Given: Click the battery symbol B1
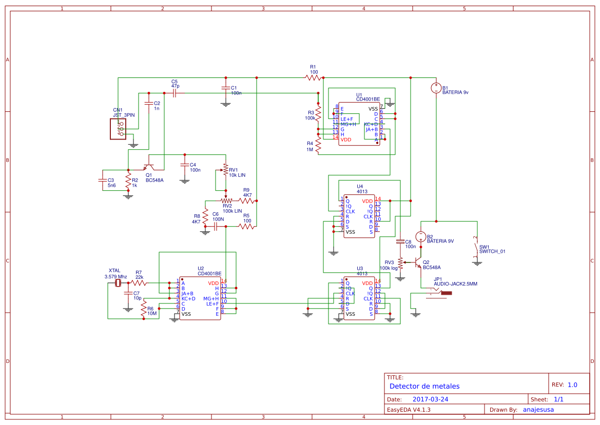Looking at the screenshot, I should point(436,88).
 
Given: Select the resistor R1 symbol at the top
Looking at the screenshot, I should point(313,78).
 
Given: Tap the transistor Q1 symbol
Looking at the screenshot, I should point(149,167).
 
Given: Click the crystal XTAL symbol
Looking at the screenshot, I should point(118,282).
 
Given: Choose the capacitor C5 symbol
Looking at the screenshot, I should point(175,93).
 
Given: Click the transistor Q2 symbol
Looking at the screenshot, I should point(417,263).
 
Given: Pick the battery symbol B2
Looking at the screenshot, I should point(420,237).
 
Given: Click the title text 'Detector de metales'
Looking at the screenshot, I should point(424,386).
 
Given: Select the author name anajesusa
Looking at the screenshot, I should point(538,410).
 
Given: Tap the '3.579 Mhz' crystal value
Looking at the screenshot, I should point(115,276).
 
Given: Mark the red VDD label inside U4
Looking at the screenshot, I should point(367,201).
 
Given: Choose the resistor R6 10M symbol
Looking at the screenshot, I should point(144,308).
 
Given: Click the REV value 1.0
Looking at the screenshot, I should point(572,384).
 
